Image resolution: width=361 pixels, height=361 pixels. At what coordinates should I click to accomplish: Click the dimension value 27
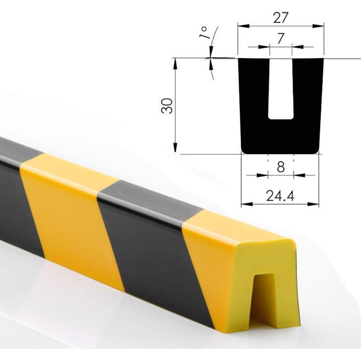point(280,18)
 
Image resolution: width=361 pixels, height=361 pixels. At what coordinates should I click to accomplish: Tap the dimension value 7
point(280,38)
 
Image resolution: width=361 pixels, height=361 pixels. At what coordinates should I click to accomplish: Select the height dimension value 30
point(167,106)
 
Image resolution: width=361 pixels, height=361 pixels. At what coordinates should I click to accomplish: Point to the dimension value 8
point(281,167)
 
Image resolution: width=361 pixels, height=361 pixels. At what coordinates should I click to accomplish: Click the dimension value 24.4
point(280,196)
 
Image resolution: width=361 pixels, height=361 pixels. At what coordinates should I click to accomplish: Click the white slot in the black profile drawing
point(281,89)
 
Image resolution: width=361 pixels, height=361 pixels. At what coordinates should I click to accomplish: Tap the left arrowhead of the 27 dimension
point(244,26)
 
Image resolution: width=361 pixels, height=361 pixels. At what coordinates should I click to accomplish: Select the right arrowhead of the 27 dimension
point(318,26)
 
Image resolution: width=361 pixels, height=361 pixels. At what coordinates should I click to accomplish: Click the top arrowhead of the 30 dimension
point(175,64)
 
